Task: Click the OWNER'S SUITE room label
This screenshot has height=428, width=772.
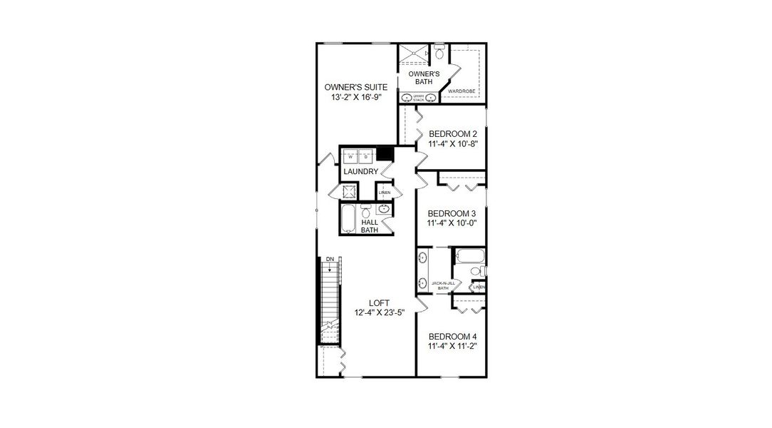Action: coord(356,87)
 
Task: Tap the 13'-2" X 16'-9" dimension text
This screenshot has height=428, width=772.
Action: coord(356,98)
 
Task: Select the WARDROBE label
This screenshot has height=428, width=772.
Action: coord(461,91)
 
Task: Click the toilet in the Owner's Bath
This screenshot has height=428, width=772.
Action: coord(439,53)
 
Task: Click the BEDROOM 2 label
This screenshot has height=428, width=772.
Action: coord(452,133)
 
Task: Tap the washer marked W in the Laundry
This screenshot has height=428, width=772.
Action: coord(350,156)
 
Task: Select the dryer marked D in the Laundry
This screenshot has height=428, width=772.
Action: coord(365,156)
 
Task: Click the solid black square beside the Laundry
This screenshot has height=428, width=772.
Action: coord(385,153)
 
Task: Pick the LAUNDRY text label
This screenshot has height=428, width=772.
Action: coord(360,173)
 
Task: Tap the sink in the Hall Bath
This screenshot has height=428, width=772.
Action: coord(384,209)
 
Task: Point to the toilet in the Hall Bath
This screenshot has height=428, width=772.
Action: coord(366,210)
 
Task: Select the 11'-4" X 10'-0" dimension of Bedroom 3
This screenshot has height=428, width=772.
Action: coord(452,223)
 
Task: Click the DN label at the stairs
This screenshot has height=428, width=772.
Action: coord(330,259)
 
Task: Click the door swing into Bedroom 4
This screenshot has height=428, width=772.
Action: coord(422,305)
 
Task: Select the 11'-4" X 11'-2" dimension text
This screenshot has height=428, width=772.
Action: coord(452,347)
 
